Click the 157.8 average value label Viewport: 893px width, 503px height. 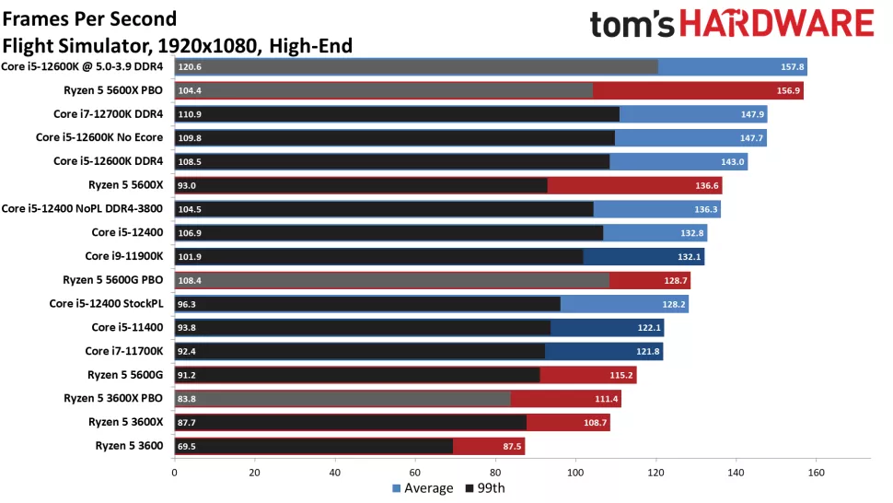pos(794,66)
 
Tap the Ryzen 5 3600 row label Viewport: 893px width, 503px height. pos(129,446)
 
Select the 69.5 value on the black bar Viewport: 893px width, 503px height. pos(188,446)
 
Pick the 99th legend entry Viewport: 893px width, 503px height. pos(485,488)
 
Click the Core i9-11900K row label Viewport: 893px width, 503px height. pos(124,256)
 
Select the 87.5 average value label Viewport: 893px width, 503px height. pos(511,446)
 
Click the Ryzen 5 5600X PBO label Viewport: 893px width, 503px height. pos(112,90)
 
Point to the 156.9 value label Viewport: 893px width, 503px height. pos(790,90)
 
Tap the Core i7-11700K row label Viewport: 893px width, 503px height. pos(124,351)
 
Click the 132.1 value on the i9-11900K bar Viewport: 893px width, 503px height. pos(690,256)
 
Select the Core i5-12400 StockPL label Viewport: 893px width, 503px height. pos(106,303)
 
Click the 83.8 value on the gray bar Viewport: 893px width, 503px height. pos(188,399)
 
